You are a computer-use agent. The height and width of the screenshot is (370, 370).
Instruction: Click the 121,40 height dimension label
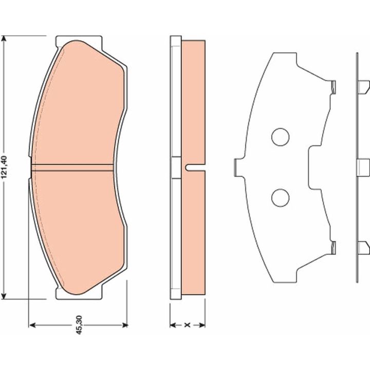pos(5,168)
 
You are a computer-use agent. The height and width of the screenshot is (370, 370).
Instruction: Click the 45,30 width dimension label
pos(79,325)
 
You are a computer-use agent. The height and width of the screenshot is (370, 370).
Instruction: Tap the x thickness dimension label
pos(187,325)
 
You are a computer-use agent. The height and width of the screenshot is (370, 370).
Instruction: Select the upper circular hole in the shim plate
pos(281,137)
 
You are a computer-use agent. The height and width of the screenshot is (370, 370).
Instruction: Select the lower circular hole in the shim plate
pos(281,198)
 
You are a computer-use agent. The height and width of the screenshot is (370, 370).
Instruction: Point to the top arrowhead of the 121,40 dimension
pos(4,39)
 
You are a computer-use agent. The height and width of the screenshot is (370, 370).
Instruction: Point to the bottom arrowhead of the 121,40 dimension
pos(4,297)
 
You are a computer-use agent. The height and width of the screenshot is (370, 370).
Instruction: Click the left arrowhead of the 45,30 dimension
pos(32,325)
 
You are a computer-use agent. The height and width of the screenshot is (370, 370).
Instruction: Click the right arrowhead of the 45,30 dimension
pos(124,325)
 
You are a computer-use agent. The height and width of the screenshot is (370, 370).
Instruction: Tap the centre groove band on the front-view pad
pos(72,168)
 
